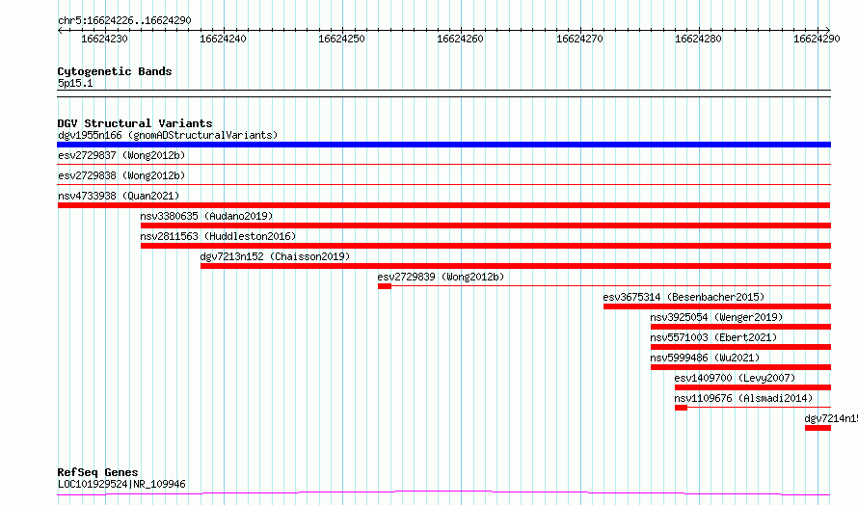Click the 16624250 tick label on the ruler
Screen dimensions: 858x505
(341, 39)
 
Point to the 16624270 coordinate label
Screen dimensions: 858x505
(579, 39)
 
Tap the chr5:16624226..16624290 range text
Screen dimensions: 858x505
(124, 21)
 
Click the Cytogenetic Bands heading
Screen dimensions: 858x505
(115, 71)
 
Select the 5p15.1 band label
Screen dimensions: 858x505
(75, 83)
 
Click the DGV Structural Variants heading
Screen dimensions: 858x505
(135, 123)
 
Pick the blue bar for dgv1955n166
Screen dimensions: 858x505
(443, 145)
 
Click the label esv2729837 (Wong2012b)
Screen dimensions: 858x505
(121, 155)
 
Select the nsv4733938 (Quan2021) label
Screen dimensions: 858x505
(119, 196)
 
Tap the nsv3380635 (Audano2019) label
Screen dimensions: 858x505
(206, 216)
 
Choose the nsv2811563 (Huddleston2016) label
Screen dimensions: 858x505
(218, 236)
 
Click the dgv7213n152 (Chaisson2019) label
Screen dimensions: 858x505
(275, 256)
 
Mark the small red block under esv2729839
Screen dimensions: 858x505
(384, 286)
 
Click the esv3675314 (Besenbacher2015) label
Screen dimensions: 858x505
(684, 297)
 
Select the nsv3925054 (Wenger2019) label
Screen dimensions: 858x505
(716, 317)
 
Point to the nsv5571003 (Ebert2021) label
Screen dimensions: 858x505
(713, 337)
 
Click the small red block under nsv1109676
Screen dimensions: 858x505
(681, 408)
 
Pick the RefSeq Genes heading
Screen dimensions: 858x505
(97, 472)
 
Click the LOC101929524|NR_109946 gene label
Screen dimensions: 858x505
(121, 484)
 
